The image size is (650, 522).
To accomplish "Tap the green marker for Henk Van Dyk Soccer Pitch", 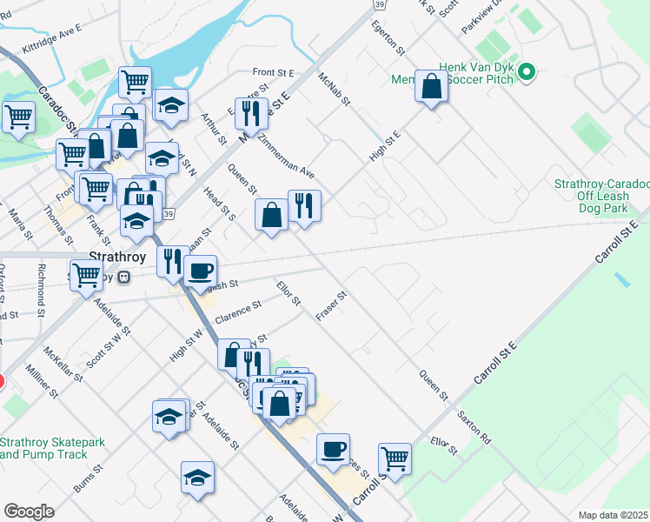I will (x=525, y=71).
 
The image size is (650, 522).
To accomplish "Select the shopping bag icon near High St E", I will (x=430, y=87).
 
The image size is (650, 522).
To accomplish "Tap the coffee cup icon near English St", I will (x=200, y=270).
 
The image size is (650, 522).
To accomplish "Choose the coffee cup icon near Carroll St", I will (x=332, y=449).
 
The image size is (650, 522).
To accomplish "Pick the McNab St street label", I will (x=334, y=89).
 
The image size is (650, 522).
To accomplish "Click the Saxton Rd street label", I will (x=474, y=429).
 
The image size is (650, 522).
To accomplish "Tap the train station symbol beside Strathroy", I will (x=123, y=278).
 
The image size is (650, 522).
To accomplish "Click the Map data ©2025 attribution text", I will (x=613, y=515).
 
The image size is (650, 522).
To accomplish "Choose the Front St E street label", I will (x=274, y=73).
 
